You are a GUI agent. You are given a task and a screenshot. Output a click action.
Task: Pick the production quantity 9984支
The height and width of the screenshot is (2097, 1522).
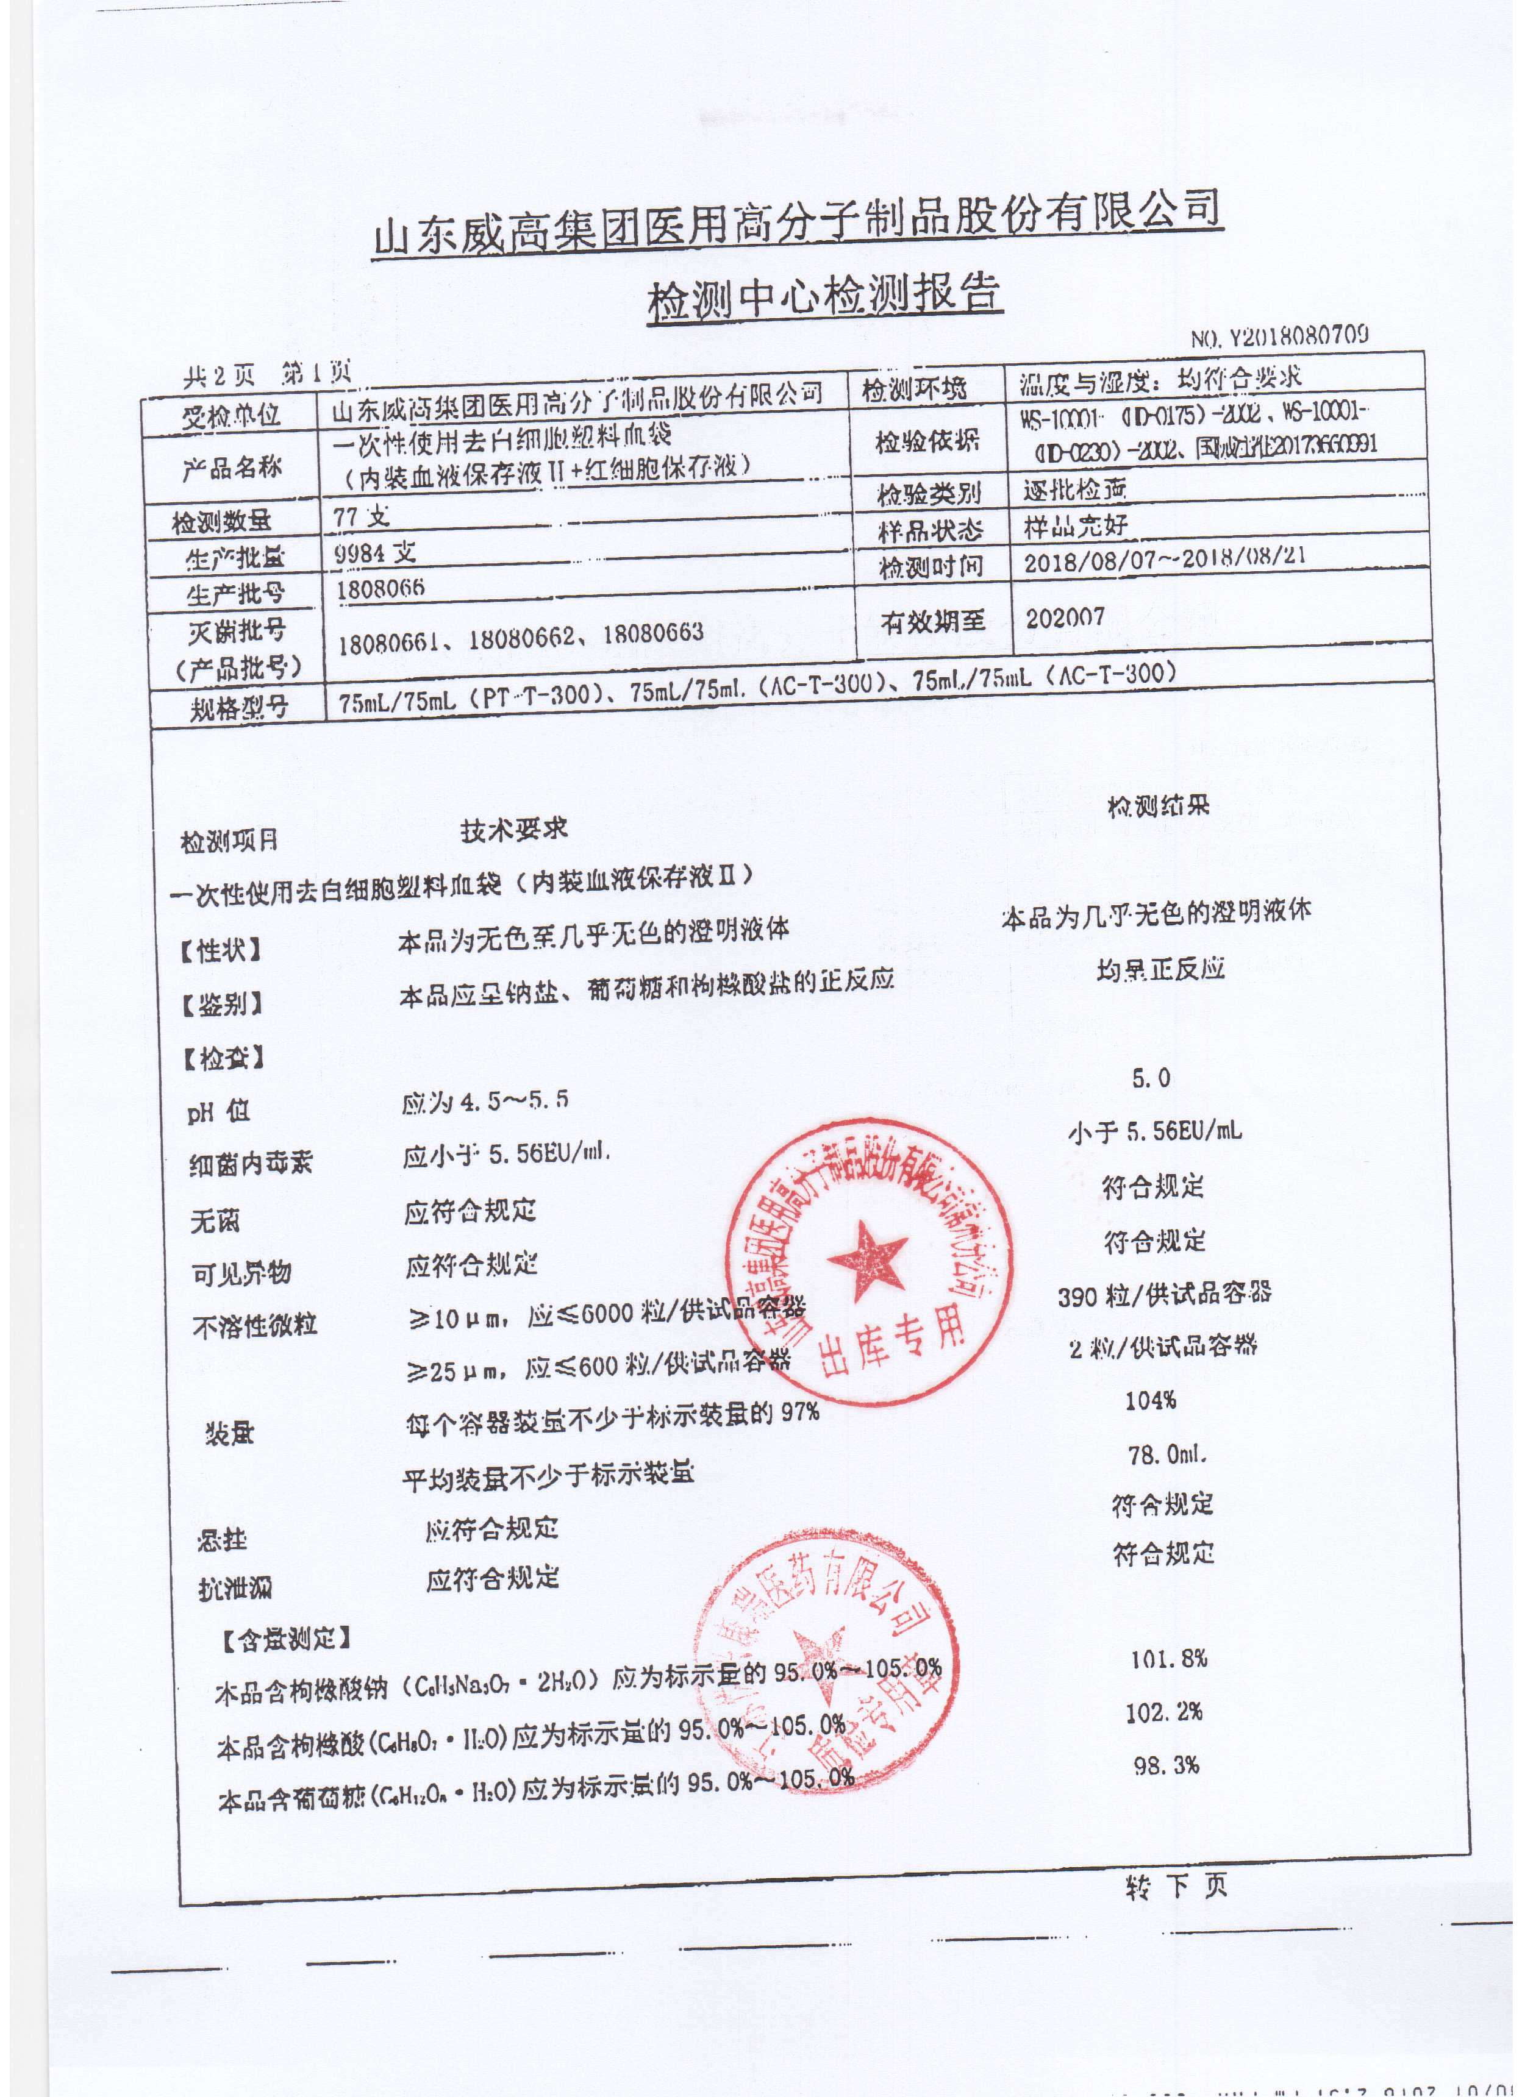[376, 553]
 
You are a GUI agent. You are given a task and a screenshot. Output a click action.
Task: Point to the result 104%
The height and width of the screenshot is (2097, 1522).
[1150, 1401]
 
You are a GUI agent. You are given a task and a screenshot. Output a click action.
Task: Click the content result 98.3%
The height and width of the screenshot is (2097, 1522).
[1167, 1765]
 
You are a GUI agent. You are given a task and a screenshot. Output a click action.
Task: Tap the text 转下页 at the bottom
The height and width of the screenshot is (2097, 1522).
[1176, 1886]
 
